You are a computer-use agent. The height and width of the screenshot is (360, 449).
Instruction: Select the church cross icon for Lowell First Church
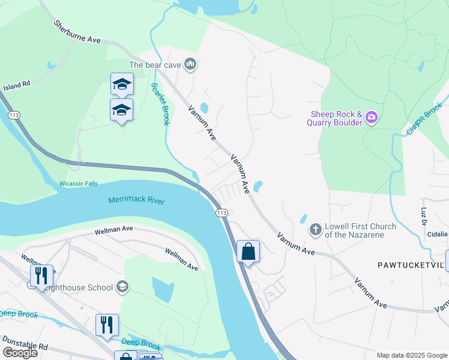tap(315, 230)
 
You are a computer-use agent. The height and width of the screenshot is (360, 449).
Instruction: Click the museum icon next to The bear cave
tap(190, 64)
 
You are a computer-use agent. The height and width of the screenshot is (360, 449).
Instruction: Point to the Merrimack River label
tap(136, 201)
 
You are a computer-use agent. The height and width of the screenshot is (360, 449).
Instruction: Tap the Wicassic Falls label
tap(78, 184)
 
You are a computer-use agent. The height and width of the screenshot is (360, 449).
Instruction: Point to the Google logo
tap(20, 353)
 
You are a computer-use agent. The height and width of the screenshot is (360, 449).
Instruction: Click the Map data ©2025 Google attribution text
tap(412, 355)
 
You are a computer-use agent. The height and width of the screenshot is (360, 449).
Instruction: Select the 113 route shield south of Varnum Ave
tap(221, 213)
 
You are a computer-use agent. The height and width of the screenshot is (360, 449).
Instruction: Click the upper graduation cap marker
tap(122, 85)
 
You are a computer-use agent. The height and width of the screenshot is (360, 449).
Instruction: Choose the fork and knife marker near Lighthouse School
tap(41, 275)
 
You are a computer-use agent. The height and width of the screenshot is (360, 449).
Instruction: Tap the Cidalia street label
tap(438, 234)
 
